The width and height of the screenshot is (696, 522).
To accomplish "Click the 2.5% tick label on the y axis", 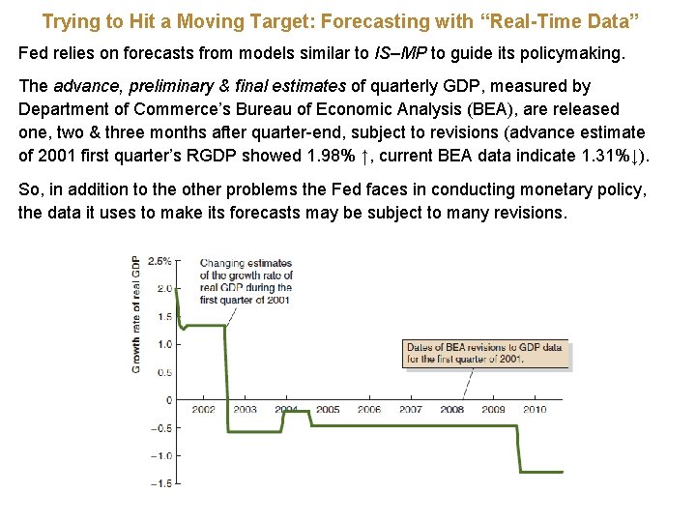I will [x=159, y=261].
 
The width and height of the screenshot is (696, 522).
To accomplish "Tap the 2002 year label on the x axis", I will [x=203, y=410].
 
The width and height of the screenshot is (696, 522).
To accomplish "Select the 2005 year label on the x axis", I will [x=328, y=410].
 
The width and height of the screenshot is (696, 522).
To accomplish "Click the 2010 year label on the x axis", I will [x=535, y=410].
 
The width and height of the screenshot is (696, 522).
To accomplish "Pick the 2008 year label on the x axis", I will [x=451, y=410].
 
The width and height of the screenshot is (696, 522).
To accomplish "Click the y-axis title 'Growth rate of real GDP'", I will [x=136, y=315].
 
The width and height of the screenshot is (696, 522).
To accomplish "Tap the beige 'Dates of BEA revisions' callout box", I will [x=484, y=353].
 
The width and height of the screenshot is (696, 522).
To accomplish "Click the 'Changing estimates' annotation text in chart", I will [x=246, y=281].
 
